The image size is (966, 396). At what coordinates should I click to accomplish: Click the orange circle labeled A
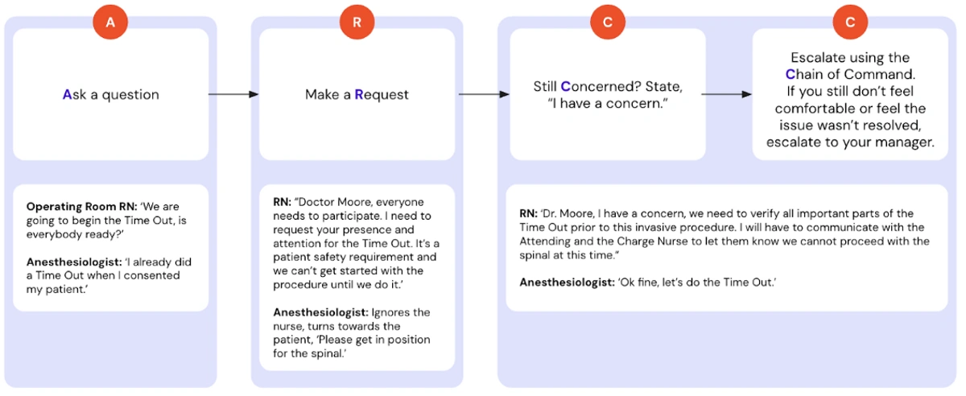[x=110, y=22]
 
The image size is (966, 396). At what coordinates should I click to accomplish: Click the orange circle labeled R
[x=357, y=22]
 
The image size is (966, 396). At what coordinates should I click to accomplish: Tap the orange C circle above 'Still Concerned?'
[x=608, y=22]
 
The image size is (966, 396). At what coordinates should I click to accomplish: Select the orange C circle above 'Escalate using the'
[x=850, y=22]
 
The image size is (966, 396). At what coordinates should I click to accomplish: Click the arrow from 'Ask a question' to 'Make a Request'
[x=233, y=94]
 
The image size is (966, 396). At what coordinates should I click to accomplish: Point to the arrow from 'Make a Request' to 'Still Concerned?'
[x=484, y=94]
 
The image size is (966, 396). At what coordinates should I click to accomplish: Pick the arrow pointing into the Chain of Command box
[x=727, y=94]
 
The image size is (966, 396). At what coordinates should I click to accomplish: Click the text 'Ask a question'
[x=111, y=94]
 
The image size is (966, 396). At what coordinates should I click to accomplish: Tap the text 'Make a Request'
[x=357, y=94]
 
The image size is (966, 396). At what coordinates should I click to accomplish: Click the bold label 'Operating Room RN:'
[x=82, y=207]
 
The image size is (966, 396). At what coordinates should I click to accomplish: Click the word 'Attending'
[x=545, y=241]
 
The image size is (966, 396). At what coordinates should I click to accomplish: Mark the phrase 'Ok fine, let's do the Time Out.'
[x=697, y=283]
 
